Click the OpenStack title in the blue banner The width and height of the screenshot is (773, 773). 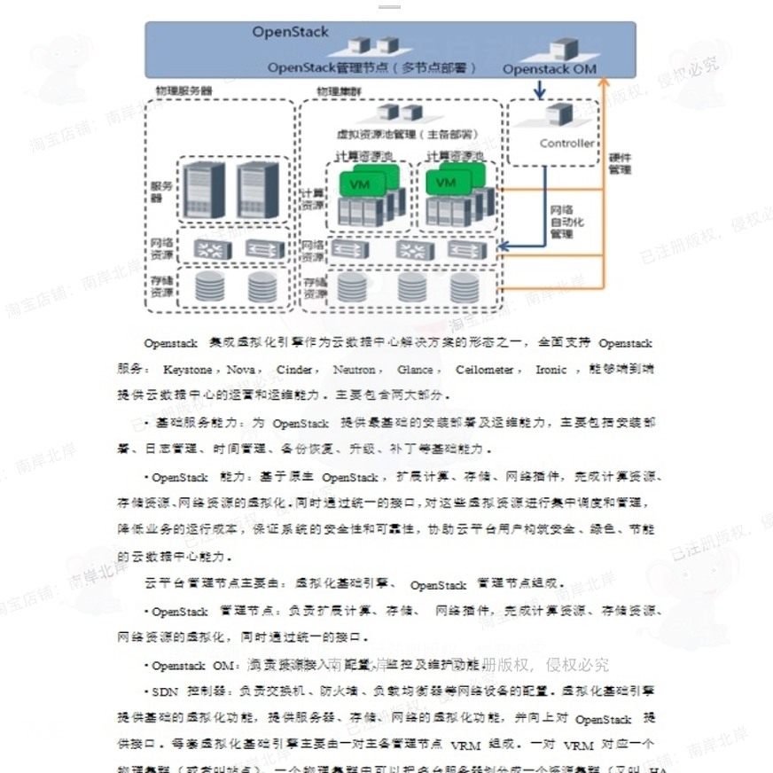(x=290, y=32)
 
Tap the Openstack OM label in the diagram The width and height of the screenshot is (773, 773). (x=550, y=68)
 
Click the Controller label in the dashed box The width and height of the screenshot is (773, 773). (x=566, y=143)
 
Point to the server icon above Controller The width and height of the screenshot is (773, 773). (x=558, y=114)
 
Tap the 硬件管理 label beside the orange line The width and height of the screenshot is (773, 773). (x=620, y=164)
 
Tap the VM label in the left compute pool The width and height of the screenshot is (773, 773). (x=360, y=184)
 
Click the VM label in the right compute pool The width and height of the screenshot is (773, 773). (x=446, y=183)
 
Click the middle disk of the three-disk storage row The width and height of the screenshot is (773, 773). (x=411, y=287)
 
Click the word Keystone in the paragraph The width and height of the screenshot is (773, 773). (x=187, y=369)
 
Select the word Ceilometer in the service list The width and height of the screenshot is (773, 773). (x=485, y=369)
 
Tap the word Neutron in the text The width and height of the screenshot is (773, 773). (x=355, y=369)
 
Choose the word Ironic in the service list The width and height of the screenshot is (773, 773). (x=550, y=369)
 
